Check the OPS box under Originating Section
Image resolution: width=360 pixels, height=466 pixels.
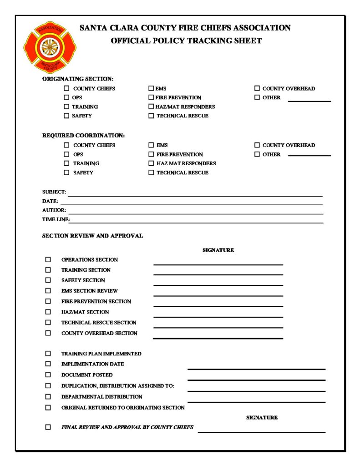tap(66, 97)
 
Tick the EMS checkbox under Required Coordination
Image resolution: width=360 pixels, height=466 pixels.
tap(151, 145)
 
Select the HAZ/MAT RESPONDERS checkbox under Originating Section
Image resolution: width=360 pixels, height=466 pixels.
tap(151, 106)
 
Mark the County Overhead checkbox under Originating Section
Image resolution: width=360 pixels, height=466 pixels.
tap(257, 88)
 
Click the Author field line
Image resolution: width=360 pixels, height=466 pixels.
tap(196, 213)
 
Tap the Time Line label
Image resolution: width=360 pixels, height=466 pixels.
tap(55, 219)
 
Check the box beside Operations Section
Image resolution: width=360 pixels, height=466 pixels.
tap(48, 259)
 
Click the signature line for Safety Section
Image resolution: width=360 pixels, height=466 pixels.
tap(218, 284)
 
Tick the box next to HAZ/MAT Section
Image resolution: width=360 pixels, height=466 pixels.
tap(48, 312)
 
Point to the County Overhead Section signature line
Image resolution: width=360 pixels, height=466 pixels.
tap(218, 338)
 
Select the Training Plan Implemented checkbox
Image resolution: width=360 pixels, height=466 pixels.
tap(48, 353)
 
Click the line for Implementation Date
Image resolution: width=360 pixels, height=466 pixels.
tap(256, 369)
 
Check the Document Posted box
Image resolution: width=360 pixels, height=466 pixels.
tap(48, 375)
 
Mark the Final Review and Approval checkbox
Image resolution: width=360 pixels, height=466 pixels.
tap(48, 427)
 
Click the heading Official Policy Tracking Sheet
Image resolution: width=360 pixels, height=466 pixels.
tap(186, 41)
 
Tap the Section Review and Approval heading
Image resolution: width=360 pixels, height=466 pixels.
tap(92, 236)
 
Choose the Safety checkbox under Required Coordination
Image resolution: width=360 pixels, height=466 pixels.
tap(66, 172)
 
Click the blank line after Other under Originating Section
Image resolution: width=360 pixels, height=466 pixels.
tap(309, 101)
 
